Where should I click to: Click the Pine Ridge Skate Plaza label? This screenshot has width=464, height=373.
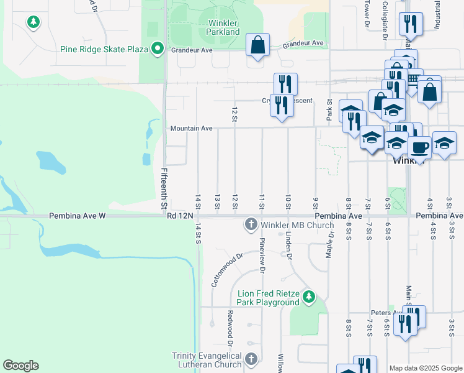(x=106, y=48)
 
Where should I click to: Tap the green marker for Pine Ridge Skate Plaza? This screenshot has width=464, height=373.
(x=158, y=48)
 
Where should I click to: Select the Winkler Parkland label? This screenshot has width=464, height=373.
(x=223, y=27)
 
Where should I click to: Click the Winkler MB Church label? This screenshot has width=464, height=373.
(x=297, y=224)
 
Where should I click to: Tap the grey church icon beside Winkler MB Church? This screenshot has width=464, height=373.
(x=251, y=224)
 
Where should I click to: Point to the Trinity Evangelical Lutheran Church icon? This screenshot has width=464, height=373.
(x=251, y=359)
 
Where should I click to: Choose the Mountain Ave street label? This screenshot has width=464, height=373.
(x=192, y=128)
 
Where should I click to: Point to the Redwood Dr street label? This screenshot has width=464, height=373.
(x=230, y=328)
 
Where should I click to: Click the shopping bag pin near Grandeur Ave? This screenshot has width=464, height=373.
(x=257, y=45)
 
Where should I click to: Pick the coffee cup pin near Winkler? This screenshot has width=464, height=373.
(x=420, y=147)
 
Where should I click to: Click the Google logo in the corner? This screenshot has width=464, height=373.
(x=20, y=366)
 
